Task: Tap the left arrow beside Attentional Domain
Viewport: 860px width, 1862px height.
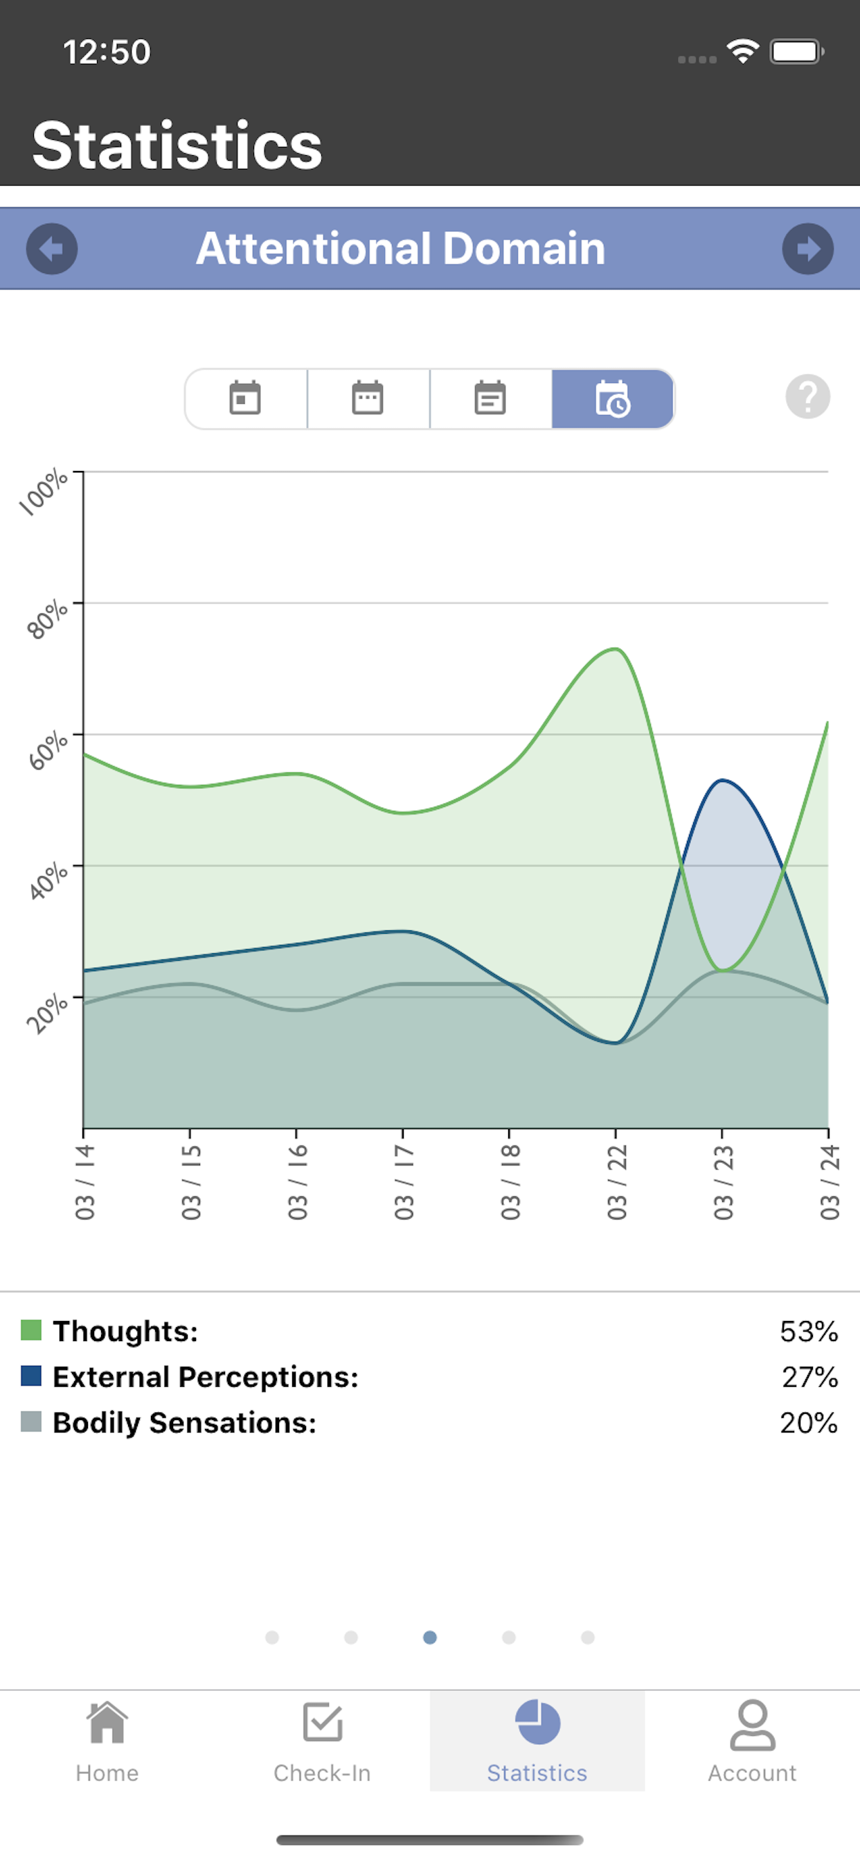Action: coord(52,249)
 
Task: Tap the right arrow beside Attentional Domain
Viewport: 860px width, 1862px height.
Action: coord(807,249)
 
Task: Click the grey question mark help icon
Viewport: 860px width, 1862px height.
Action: coord(807,397)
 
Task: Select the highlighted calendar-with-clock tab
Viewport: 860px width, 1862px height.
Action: coord(613,399)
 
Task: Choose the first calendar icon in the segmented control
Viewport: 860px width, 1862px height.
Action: coord(245,399)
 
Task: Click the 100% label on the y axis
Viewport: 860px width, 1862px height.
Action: coord(44,493)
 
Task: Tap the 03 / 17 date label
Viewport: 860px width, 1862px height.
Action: coord(403,1182)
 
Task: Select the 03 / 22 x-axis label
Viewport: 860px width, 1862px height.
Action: coord(616,1182)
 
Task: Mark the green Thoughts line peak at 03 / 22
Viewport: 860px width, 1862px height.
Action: coord(615,649)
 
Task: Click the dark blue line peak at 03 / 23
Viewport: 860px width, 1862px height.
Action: coord(722,781)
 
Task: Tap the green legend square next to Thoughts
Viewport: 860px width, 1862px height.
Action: coord(31,1330)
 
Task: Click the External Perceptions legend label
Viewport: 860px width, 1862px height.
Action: coord(206,1377)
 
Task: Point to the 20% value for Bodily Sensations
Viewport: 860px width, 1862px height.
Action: coord(808,1423)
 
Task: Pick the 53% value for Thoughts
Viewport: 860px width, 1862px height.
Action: coord(808,1331)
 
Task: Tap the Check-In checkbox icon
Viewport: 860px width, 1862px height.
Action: coord(322,1723)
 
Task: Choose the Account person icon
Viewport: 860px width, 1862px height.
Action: coord(752,1725)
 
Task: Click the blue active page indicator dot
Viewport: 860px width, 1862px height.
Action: coord(430,1637)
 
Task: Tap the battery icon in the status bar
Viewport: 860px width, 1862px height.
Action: coord(796,52)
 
